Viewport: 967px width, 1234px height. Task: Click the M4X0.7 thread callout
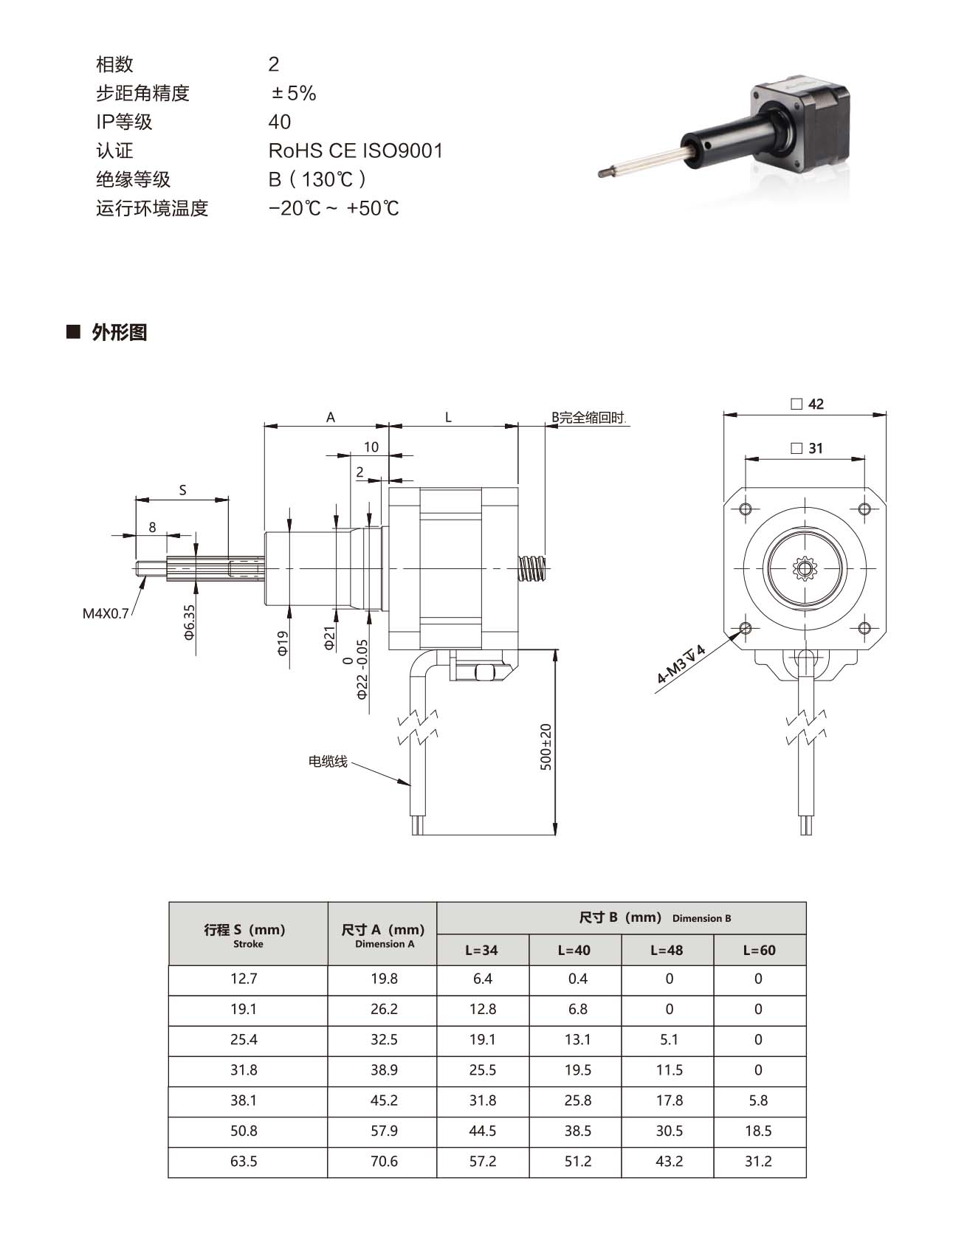coord(106,613)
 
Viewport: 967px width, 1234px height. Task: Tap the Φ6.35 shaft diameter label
coord(189,621)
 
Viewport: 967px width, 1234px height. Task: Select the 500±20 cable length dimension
coord(546,746)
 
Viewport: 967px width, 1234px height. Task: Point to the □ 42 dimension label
coord(807,404)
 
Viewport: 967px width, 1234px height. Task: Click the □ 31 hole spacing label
coord(806,448)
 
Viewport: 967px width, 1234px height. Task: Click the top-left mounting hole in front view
coord(745,509)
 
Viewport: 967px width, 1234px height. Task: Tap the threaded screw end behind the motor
coord(533,568)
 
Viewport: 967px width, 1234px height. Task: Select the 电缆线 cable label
coord(328,761)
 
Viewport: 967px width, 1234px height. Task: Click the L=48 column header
coord(667,950)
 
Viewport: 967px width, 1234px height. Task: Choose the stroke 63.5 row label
coord(244,1161)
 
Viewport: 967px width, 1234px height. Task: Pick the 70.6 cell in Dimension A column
coord(384,1161)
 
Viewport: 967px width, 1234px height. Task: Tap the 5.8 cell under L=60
coord(758,1100)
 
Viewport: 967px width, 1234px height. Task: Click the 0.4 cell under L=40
coord(578,979)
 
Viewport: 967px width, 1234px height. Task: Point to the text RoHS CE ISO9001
coord(356,151)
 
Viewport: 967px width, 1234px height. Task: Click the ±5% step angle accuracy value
coord(294,93)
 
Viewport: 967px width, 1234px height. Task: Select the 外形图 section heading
coord(120,332)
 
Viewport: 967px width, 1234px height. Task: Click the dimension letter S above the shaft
coord(182,490)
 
